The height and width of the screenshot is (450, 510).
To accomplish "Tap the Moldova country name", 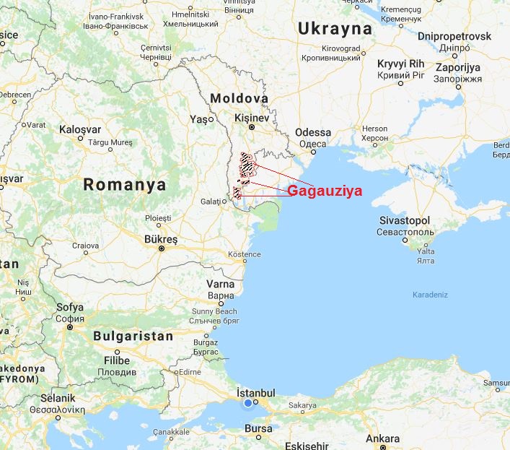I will point(239,98).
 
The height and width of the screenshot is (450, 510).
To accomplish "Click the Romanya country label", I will point(125,184).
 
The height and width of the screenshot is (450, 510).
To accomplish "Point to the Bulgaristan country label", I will point(133,336).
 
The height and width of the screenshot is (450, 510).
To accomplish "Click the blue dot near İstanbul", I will point(249,403).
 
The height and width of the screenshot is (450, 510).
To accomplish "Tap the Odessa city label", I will point(313,133).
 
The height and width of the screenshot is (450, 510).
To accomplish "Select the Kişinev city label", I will point(252,118).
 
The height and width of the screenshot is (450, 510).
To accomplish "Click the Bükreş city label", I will point(160,238).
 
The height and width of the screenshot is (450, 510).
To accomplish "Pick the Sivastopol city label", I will point(405,220).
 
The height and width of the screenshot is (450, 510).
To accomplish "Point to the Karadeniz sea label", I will point(431,295).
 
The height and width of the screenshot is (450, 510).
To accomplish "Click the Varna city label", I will point(221,283).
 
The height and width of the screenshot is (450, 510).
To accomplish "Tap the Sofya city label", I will point(70,307).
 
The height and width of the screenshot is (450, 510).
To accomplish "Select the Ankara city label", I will point(382,439).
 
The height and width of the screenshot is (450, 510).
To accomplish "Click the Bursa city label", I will point(258,428).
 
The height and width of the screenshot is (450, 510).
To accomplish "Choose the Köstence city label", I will point(244,256).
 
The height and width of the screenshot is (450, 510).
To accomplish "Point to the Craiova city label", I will point(85,246).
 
